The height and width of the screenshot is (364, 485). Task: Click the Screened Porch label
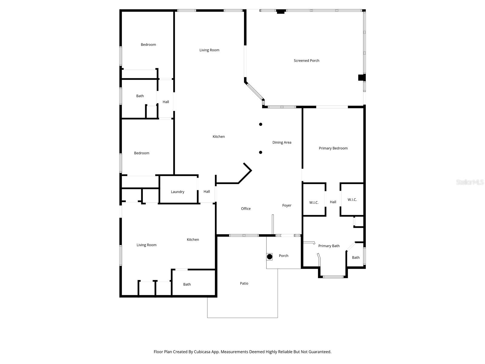point(306,61)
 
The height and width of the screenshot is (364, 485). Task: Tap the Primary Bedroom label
point(333,148)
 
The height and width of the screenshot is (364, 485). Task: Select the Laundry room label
point(178,192)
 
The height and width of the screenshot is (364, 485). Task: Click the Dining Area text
point(282,142)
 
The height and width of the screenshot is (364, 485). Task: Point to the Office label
point(246,209)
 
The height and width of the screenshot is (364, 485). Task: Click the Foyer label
point(287,205)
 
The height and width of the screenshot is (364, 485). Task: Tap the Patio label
point(244,283)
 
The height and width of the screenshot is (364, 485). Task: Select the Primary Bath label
point(329,246)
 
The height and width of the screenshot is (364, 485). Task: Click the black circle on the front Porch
point(269,257)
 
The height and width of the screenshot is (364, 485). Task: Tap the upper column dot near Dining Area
point(261,124)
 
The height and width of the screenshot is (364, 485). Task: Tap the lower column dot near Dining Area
point(261,152)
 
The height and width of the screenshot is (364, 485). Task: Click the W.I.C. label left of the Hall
point(314,203)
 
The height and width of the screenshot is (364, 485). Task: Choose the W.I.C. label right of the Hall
point(352,200)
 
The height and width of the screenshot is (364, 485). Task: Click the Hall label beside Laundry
point(207,191)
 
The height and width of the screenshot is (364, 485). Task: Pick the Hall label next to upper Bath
point(166,102)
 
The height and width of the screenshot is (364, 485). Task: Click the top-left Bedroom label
point(149,45)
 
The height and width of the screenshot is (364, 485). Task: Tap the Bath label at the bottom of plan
point(187,284)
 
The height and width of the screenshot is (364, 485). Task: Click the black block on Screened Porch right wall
point(362,78)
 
